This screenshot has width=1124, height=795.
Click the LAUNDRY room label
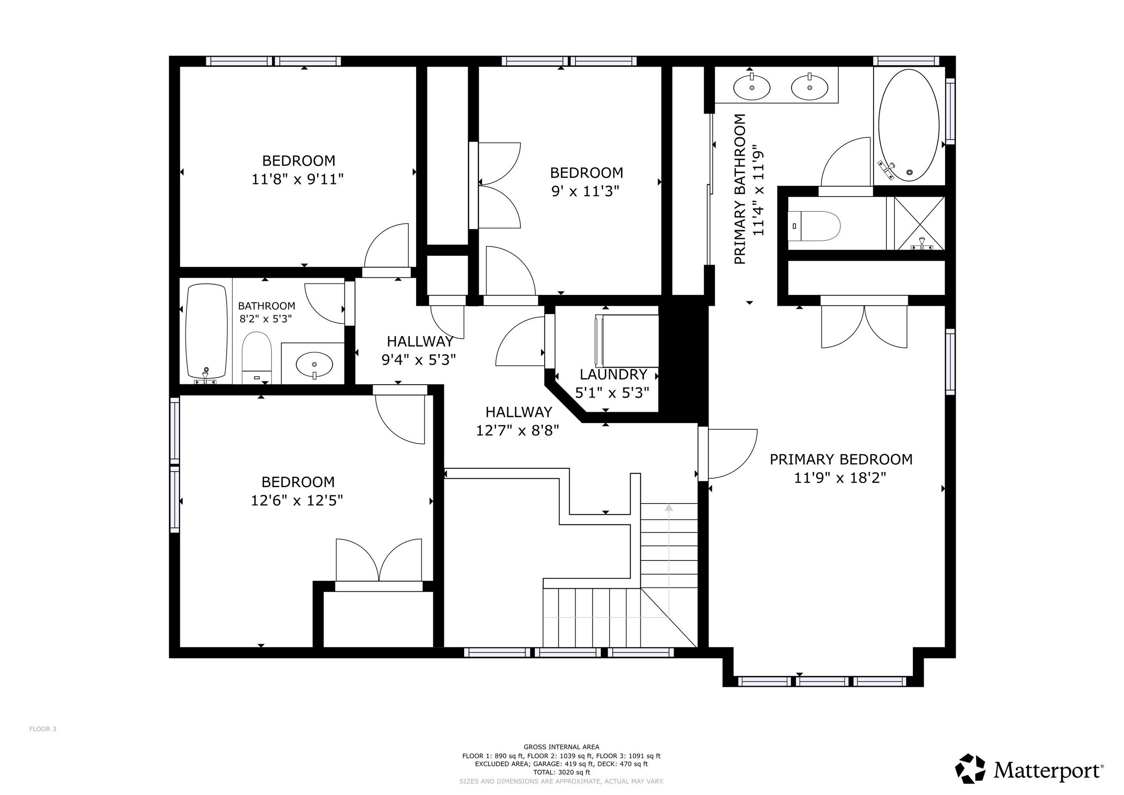click(x=613, y=375)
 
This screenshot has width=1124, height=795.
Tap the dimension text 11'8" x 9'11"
click(x=297, y=180)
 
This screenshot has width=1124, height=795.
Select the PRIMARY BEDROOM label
click(x=840, y=459)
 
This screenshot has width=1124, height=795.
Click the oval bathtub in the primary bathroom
click(x=908, y=125)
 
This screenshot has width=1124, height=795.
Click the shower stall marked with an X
click(x=919, y=223)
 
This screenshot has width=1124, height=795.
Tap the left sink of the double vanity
click(x=751, y=87)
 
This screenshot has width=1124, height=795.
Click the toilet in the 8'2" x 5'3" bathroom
click(x=257, y=357)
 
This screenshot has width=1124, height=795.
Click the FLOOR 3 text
click(x=42, y=729)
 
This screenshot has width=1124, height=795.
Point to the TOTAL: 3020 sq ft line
click(x=561, y=772)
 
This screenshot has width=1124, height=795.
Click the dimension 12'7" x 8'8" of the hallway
click(x=518, y=431)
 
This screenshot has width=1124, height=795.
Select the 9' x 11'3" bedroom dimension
click(x=586, y=191)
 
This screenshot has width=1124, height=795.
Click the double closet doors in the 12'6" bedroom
click(x=378, y=561)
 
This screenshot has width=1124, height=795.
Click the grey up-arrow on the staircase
click(x=668, y=507)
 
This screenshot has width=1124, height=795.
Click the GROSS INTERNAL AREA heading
click(x=561, y=747)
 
